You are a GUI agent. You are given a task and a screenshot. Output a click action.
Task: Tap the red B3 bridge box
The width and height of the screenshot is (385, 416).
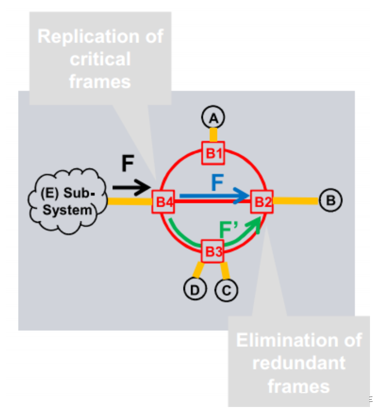[213, 251]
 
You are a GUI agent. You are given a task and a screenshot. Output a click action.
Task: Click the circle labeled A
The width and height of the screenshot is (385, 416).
[213, 118]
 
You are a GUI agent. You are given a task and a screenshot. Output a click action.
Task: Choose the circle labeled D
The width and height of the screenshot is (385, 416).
[195, 290]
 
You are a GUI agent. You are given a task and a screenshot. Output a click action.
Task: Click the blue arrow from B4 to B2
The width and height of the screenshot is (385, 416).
[214, 196]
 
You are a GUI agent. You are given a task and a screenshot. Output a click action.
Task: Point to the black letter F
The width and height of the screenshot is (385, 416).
[127, 163]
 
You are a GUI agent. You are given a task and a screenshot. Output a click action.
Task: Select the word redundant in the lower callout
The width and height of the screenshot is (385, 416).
[299, 363]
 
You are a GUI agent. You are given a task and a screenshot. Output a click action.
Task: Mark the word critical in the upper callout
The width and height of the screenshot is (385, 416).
[100, 59]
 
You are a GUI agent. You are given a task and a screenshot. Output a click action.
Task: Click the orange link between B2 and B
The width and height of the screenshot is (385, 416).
[296, 200]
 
